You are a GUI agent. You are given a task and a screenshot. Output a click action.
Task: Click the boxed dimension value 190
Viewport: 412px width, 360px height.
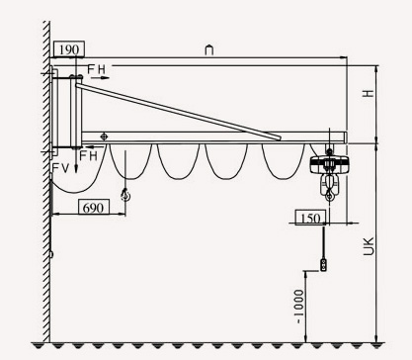(69, 49)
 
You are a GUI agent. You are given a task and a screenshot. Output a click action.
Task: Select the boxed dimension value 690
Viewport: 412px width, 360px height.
(93, 208)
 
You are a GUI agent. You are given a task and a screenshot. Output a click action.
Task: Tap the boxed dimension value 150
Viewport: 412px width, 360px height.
(310, 218)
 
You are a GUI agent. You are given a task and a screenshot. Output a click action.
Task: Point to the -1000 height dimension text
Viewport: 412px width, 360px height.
(299, 307)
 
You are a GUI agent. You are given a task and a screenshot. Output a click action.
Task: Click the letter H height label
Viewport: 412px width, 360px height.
(369, 93)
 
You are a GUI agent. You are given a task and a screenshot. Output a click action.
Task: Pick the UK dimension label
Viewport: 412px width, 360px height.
(369, 246)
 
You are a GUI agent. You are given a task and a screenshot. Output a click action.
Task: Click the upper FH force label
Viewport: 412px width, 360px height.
(96, 69)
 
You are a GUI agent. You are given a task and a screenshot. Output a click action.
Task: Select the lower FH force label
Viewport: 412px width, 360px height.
(89, 155)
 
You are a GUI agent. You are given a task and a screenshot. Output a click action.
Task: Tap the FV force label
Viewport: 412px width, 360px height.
(61, 168)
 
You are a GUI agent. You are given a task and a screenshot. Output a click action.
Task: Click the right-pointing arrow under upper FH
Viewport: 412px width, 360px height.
(100, 78)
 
